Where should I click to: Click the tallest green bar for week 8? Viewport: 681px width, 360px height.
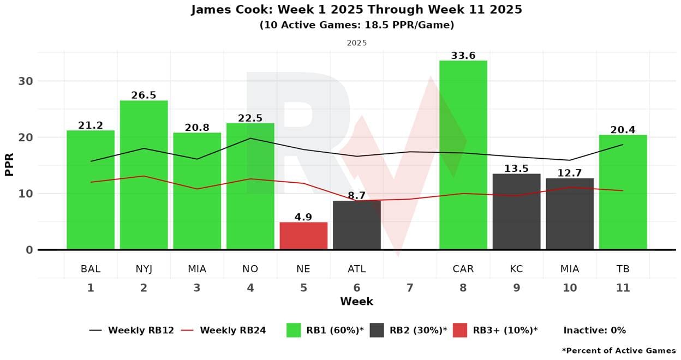(463, 155)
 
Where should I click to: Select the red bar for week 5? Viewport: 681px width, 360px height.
(303, 236)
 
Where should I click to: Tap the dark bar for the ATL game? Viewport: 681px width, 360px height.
(356, 225)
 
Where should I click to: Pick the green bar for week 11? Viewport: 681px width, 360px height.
(623, 192)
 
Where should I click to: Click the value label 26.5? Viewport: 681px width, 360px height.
(144, 95)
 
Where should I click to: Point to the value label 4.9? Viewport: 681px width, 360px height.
(303, 217)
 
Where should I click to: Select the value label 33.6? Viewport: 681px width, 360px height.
(463, 56)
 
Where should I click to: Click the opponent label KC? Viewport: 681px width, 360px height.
(516, 269)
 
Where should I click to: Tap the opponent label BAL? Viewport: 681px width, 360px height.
(91, 269)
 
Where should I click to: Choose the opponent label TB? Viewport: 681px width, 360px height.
(623, 269)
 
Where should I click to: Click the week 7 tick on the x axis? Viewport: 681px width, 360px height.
(410, 288)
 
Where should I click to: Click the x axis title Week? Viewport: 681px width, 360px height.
(356, 302)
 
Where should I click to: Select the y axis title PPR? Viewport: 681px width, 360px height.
(10, 165)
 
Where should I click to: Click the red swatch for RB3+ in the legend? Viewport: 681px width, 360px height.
(460, 330)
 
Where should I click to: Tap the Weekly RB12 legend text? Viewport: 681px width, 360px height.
(141, 331)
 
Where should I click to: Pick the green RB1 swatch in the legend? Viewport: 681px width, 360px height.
(294, 330)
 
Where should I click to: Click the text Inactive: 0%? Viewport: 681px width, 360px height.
(594, 331)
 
